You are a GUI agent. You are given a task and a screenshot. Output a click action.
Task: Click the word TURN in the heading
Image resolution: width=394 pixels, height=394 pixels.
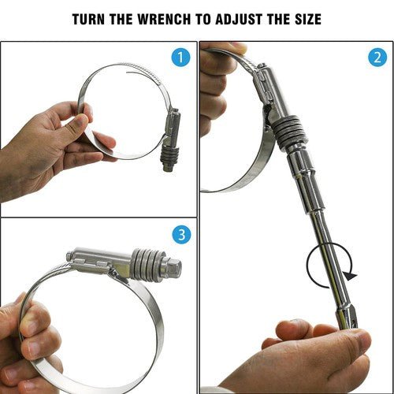(89, 19)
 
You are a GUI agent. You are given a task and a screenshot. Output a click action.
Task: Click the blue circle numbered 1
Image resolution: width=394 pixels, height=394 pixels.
(180, 58)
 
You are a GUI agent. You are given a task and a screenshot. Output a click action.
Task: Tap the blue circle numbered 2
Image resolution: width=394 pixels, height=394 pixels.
(377, 58)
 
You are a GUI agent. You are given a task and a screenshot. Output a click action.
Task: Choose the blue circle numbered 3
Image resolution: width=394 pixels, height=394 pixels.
(181, 235)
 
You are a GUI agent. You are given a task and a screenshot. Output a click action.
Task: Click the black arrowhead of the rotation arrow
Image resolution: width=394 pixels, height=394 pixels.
(351, 276)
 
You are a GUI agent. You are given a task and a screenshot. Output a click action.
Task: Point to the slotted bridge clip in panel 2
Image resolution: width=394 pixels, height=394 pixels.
(264, 85)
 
